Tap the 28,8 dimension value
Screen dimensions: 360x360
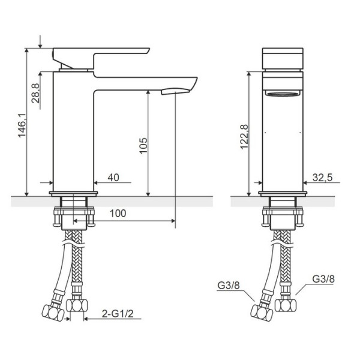click(36, 95)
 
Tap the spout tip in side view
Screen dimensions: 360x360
click(180, 89)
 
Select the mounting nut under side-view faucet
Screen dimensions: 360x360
click(73, 217)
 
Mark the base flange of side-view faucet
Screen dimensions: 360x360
click(73, 193)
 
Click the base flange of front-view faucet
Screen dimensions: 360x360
click(283, 193)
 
